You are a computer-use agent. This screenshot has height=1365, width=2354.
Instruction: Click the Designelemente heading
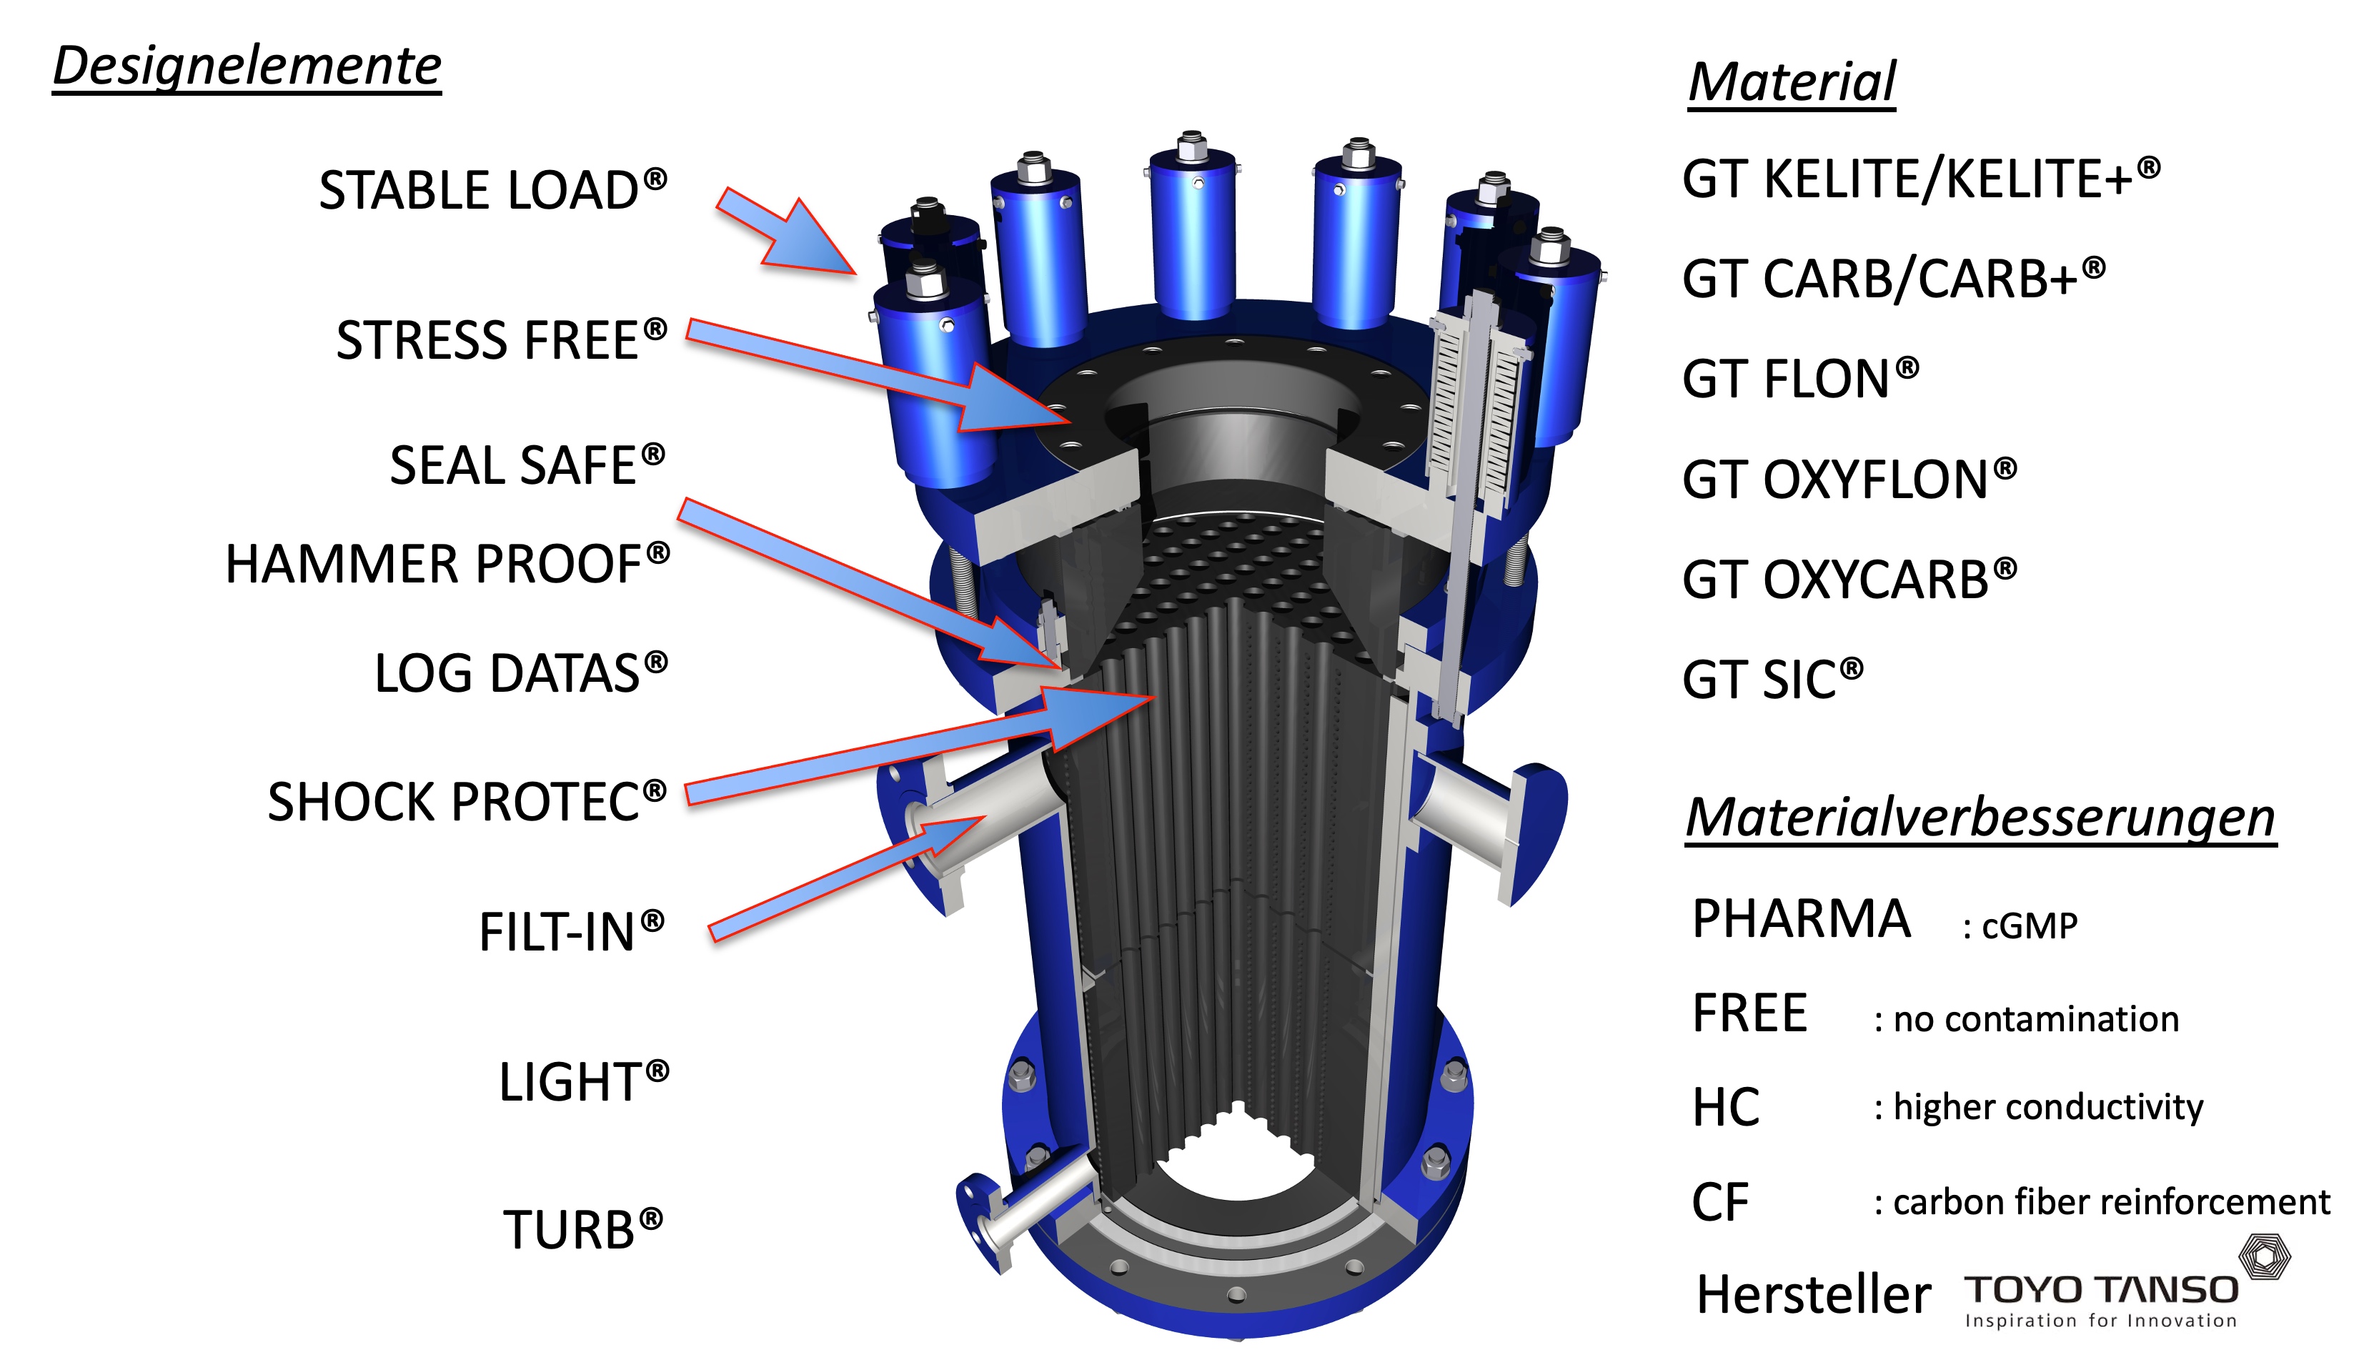click(x=247, y=67)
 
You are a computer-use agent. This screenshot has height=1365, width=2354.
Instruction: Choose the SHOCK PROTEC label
click(x=467, y=802)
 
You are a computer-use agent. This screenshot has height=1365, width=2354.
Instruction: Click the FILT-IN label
click(x=572, y=931)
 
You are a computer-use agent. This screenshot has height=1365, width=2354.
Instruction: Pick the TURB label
click(x=583, y=1228)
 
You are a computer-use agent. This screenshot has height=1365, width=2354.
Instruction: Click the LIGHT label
click(x=584, y=1081)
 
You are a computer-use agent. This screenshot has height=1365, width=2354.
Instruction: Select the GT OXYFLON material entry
click(x=1849, y=480)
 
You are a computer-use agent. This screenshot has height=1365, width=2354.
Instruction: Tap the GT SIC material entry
click(x=1773, y=679)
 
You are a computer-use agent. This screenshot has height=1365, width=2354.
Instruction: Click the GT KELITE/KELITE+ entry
click(x=1922, y=179)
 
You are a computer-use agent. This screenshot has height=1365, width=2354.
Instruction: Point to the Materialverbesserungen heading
click(x=1980, y=818)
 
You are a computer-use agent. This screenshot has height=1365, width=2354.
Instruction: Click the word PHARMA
click(x=1801, y=918)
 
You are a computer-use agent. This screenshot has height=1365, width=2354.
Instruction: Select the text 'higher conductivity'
click(x=2047, y=1107)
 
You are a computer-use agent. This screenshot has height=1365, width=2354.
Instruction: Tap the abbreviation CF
click(x=1719, y=1203)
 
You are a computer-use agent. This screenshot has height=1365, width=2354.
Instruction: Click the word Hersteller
click(x=1813, y=1295)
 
